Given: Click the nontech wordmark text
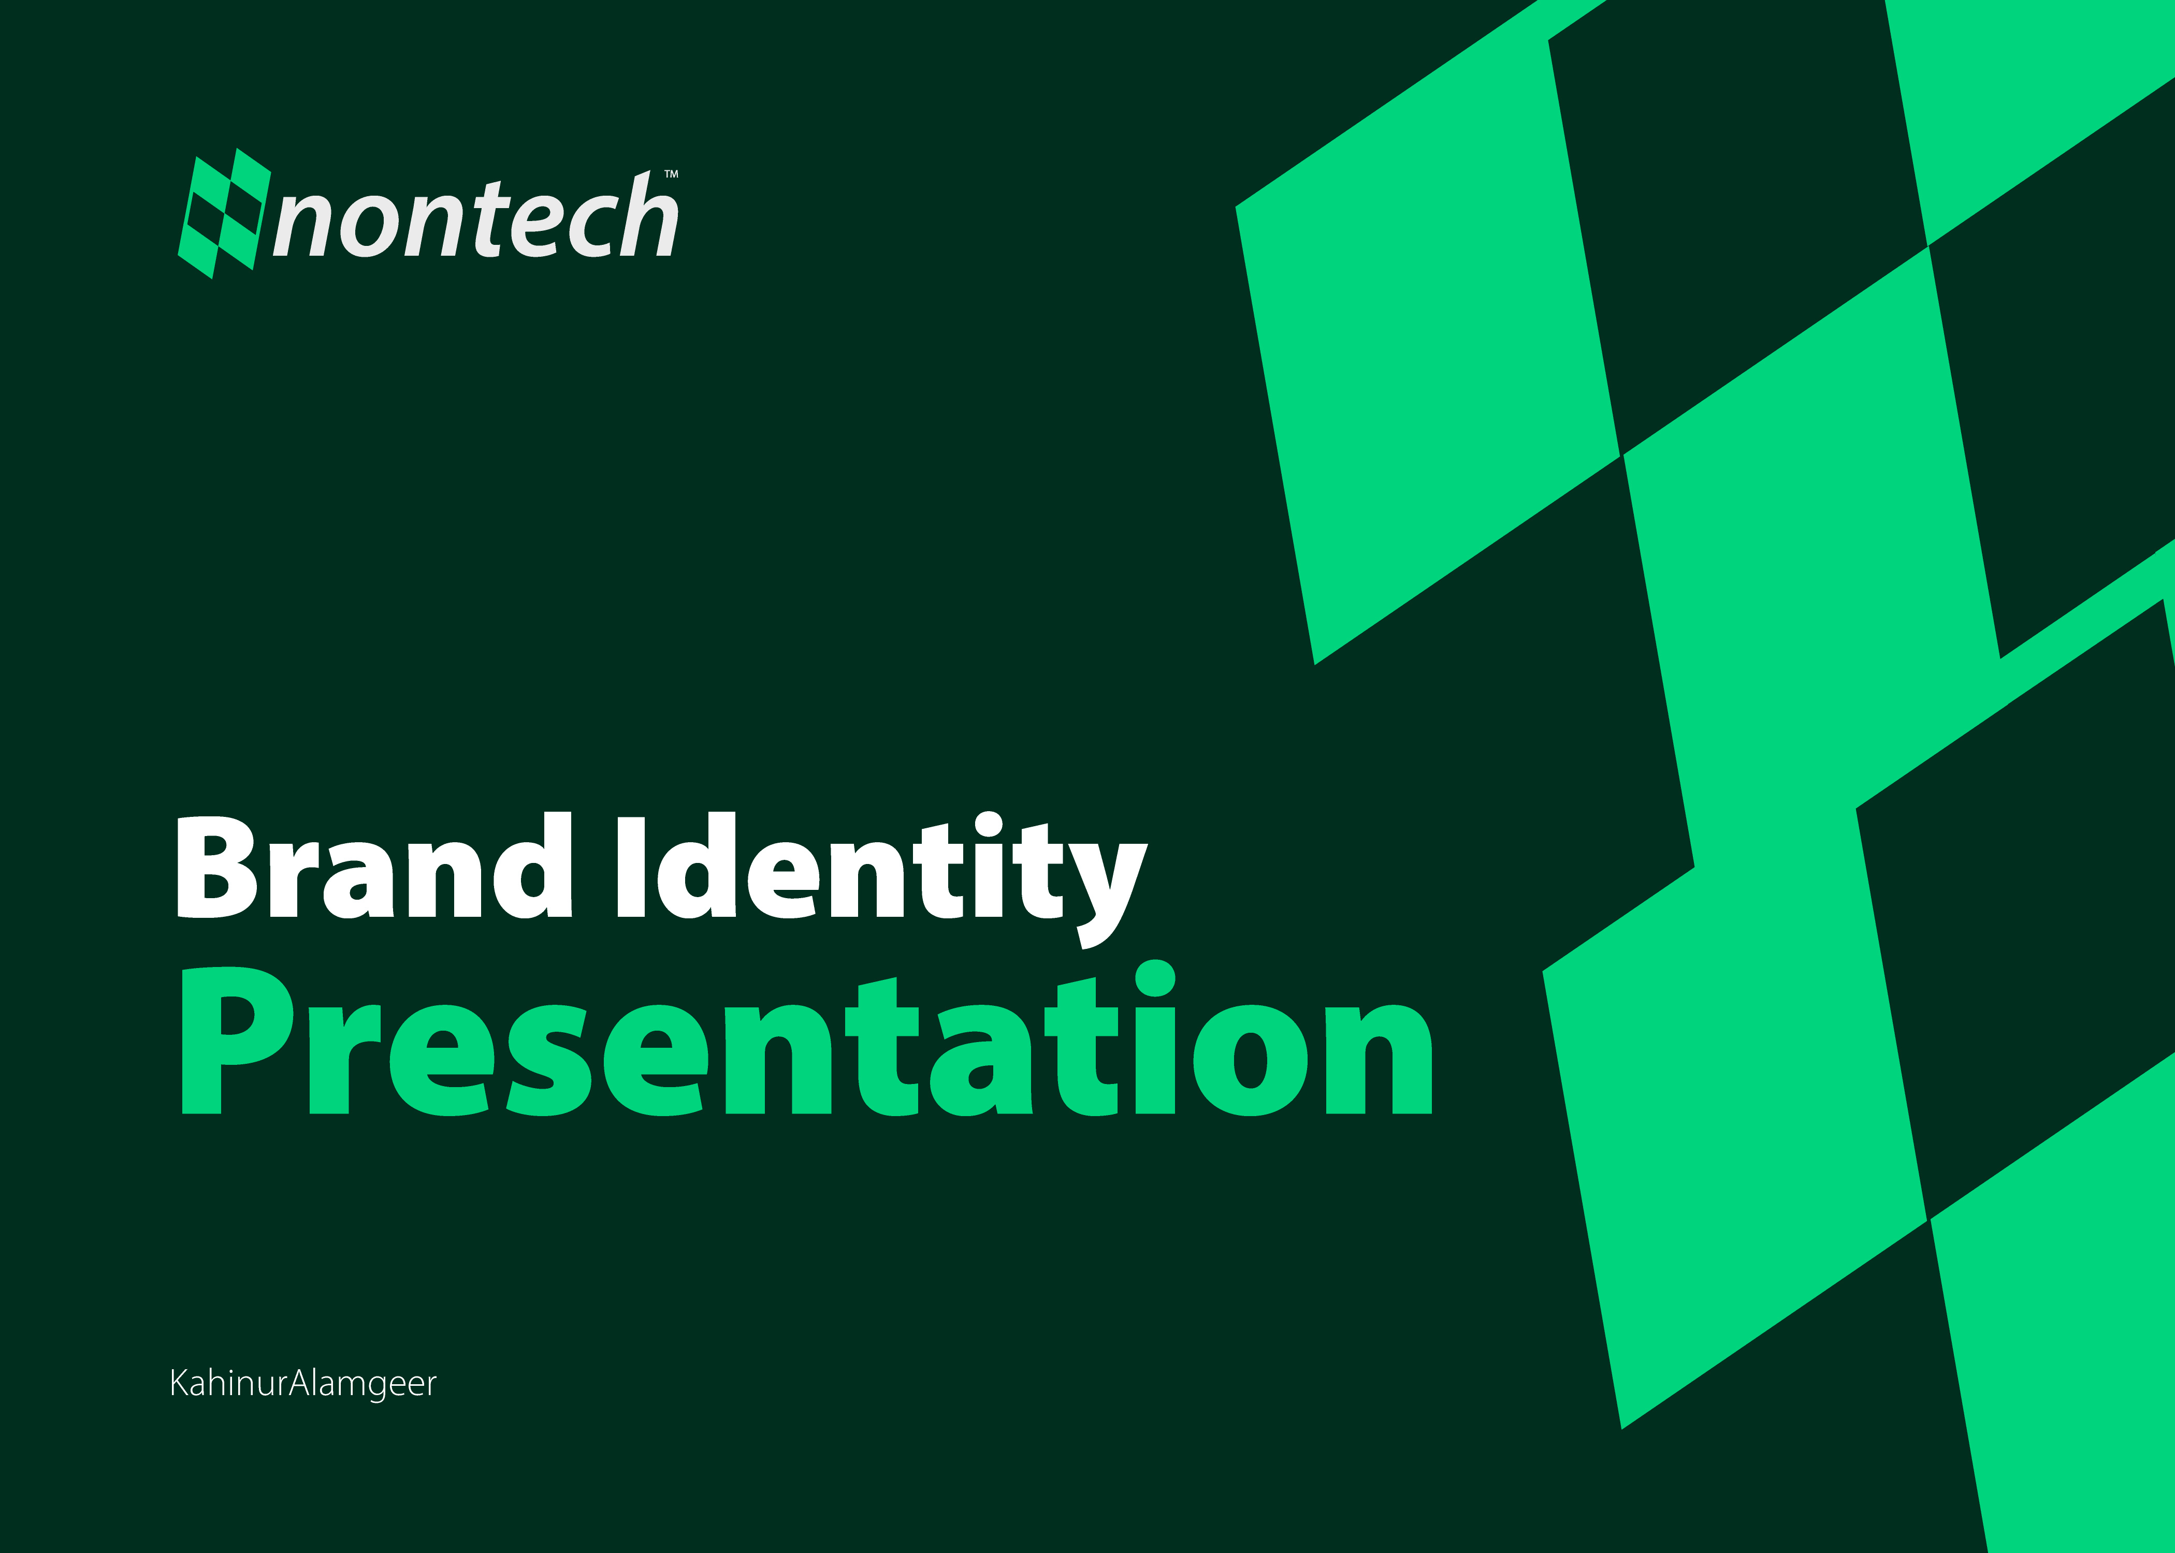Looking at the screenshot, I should coord(475,218).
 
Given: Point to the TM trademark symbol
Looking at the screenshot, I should coord(672,174).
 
